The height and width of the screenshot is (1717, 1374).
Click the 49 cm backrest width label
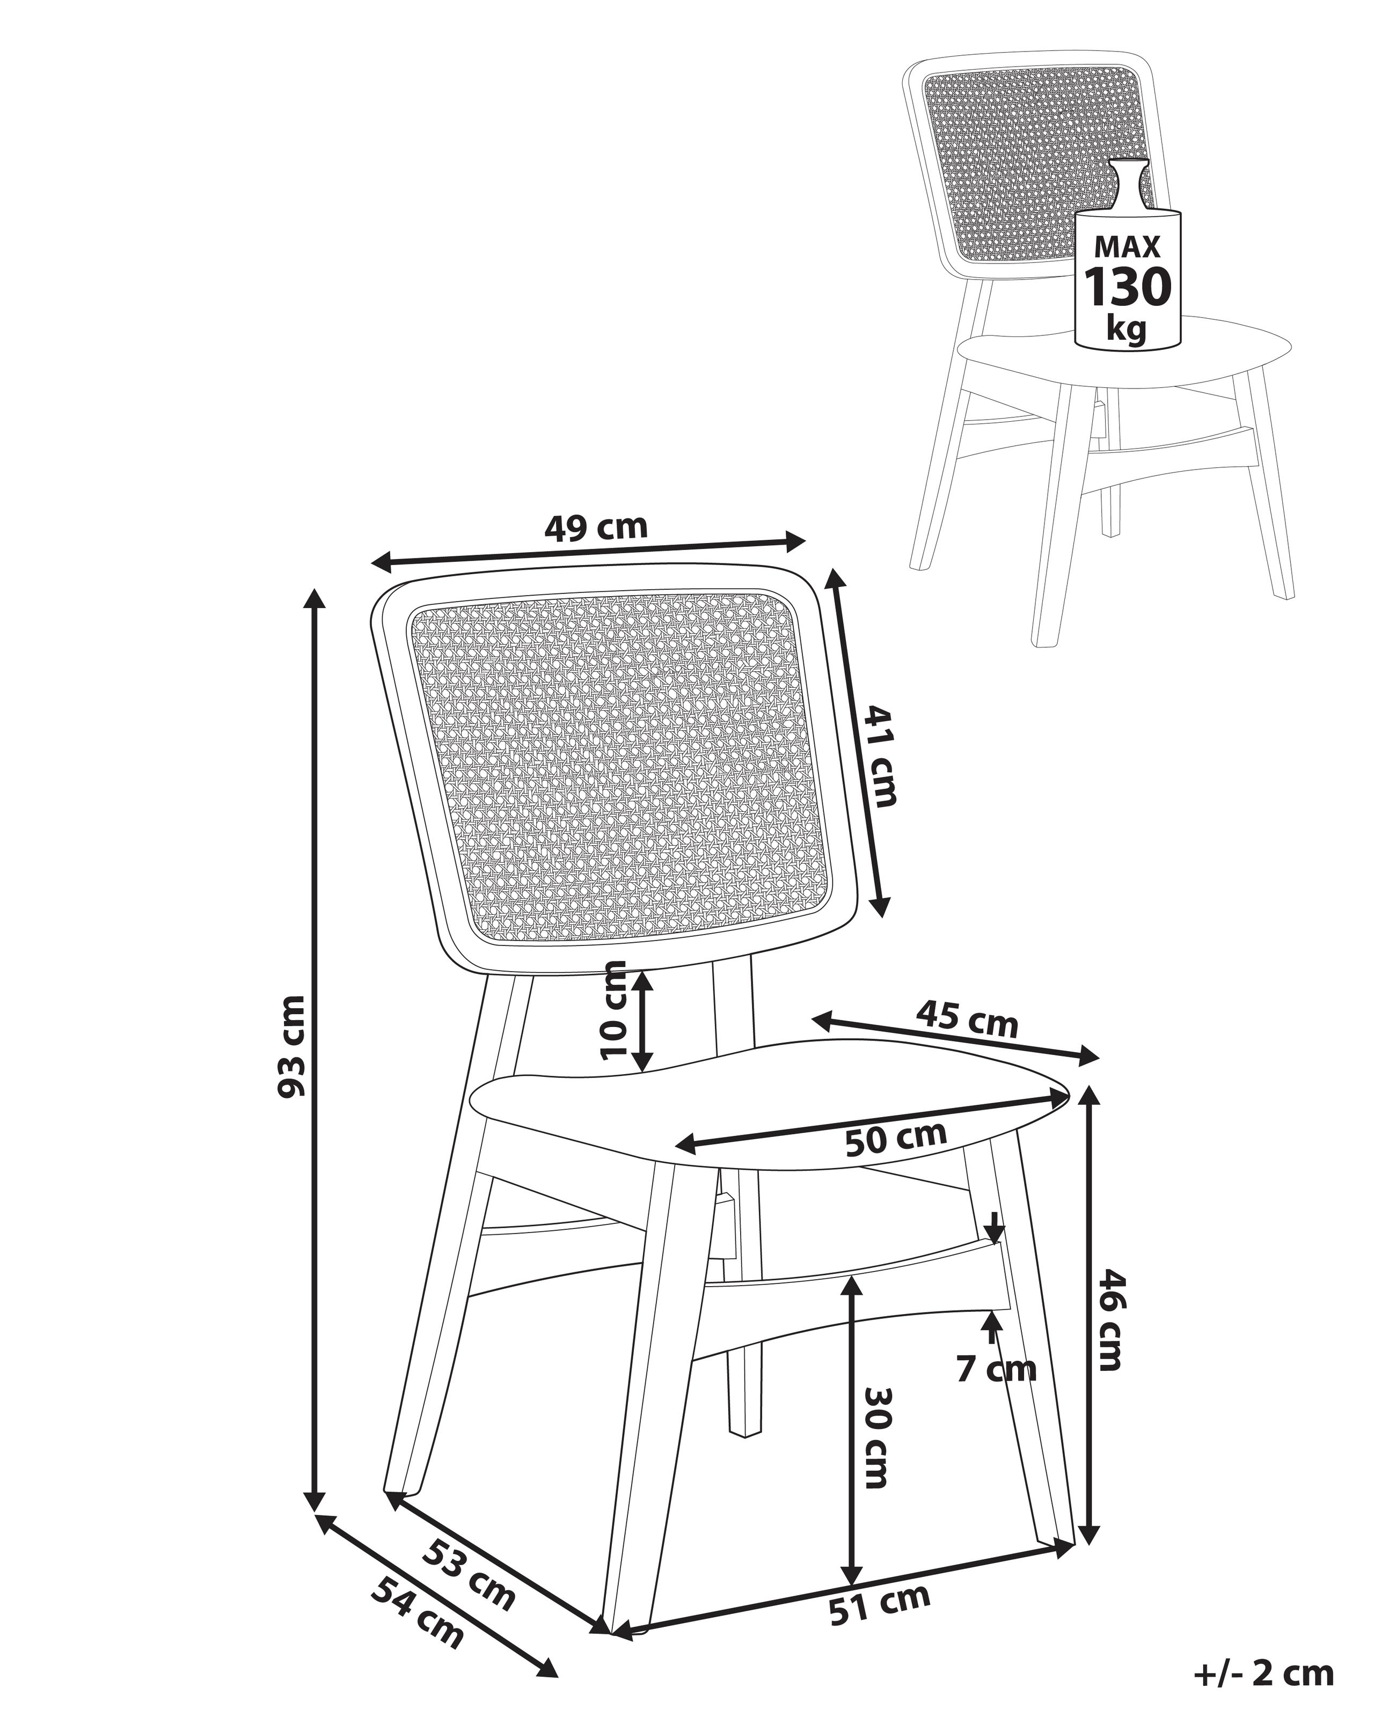pyautogui.click(x=596, y=527)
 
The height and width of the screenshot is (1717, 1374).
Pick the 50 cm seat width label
pyautogui.click(x=896, y=1139)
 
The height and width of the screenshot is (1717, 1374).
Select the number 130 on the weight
pyautogui.click(x=1128, y=288)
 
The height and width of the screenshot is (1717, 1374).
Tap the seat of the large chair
pyautogui.click(x=765, y=1103)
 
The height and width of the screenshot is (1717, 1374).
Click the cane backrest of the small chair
pyautogui.click(x=1027, y=159)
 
